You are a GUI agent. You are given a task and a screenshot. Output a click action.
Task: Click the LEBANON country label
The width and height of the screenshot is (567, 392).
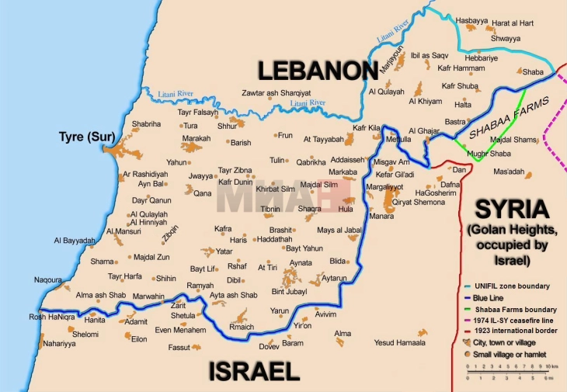tap(318, 71)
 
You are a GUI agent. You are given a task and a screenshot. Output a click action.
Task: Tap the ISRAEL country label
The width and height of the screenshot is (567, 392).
tap(253, 371)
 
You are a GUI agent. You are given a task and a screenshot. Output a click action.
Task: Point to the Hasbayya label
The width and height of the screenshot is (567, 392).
tap(474, 20)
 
